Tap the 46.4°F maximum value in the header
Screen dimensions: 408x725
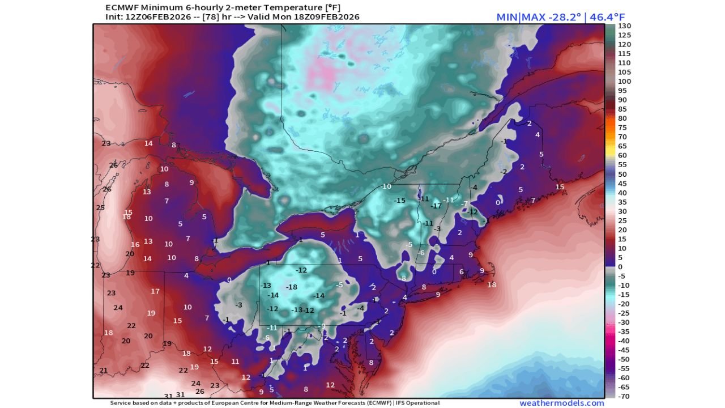(605, 17)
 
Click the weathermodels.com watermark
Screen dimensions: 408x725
(562, 403)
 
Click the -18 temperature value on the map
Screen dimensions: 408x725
(292, 287)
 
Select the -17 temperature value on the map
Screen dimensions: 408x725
(436, 205)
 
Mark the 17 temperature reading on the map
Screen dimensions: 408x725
(155, 291)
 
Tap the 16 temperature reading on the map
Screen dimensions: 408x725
(135, 245)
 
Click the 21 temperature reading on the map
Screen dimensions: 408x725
(104, 371)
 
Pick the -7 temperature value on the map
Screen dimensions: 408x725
(464, 204)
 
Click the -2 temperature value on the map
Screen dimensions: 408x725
(503, 171)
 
